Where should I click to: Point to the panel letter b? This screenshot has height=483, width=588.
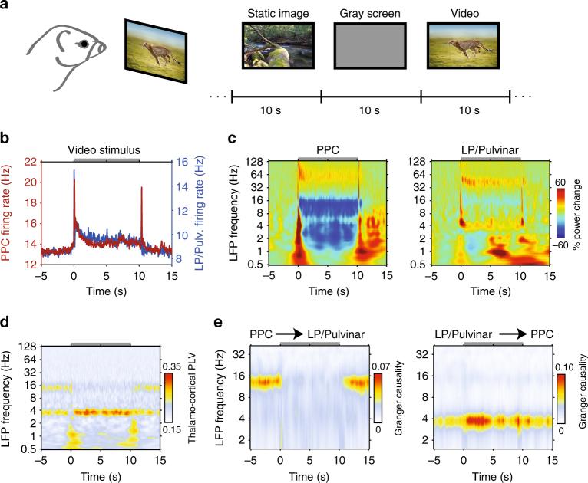point(5,140)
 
